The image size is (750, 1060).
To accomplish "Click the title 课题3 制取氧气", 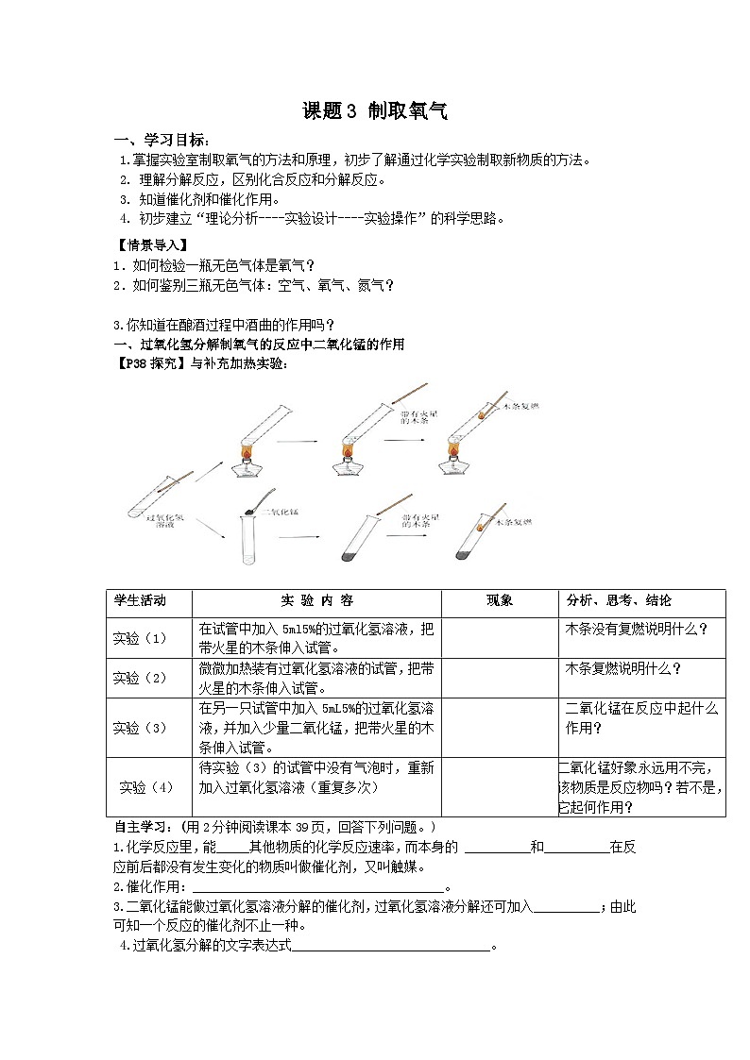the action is pos(374,111).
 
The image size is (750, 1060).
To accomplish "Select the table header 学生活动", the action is pos(140,601).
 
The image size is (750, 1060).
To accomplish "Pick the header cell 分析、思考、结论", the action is pos(618,601).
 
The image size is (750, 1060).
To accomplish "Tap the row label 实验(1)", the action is pos(140,638).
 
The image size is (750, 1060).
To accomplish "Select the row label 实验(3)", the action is pos(140,727).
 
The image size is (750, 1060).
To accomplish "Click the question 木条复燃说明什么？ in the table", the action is pos(622,668).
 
